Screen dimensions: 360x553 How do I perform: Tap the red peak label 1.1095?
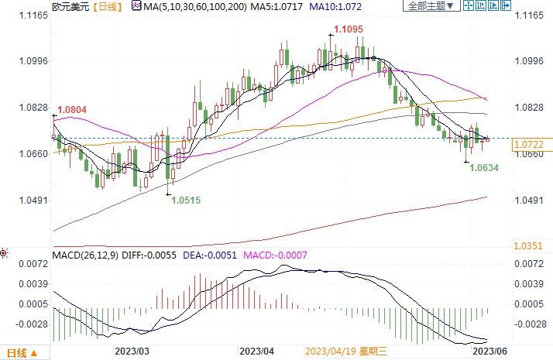pos(348,29)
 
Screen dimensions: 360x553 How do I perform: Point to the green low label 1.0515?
pos(185,200)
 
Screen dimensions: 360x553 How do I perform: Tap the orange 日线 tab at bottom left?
pos(17,353)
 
